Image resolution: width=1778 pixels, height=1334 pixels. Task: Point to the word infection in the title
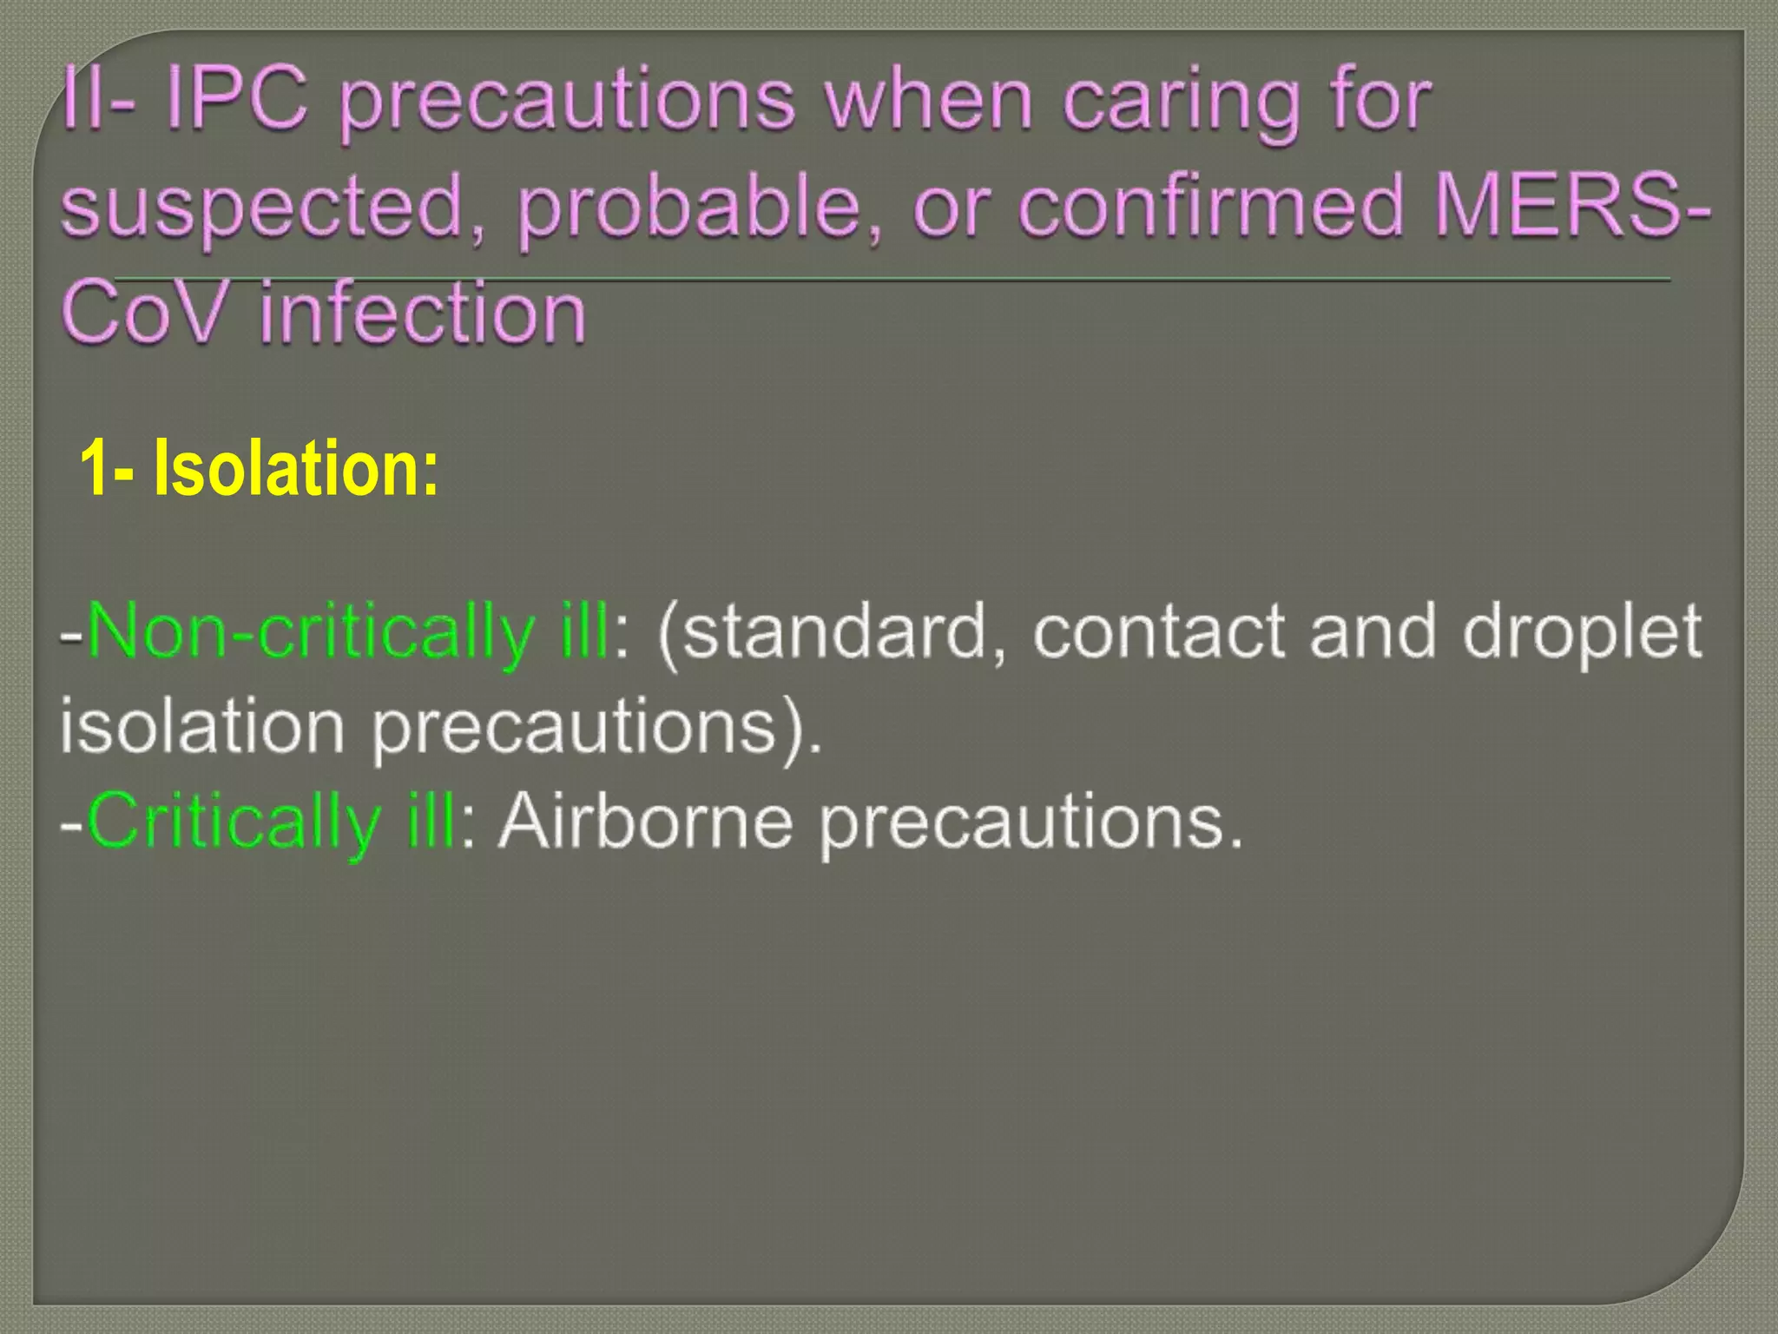(x=423, y=313)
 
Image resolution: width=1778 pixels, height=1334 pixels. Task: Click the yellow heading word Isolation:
(x=296, y=469)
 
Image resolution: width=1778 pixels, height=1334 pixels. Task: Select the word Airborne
(x=646, y=821)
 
